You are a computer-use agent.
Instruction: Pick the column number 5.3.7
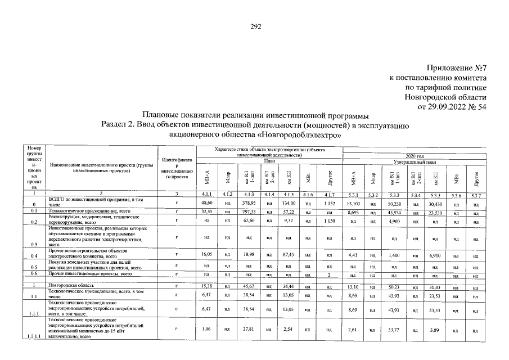point(475,195)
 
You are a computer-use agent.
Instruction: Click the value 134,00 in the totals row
point(289,202)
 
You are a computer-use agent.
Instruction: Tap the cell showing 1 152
point(330,202)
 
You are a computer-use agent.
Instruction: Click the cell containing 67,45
point(289,255)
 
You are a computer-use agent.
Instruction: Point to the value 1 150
point(330,222)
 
